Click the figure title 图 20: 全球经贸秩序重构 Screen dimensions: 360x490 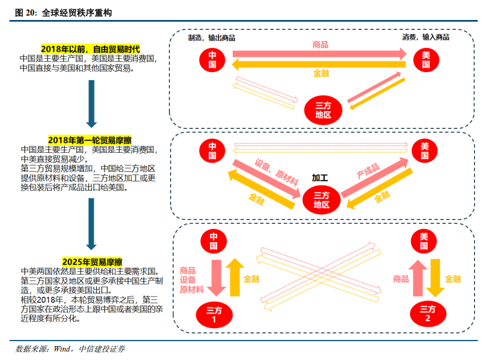[x=63, y=12]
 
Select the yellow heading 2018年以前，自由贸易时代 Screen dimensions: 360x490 [x=90, y=49]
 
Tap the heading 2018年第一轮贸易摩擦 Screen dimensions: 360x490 [x=89, y=141]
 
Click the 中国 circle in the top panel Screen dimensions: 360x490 [x=212, y=59]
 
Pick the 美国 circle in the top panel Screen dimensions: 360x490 [x=426, y=59]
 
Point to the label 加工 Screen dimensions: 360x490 [x=320, y=178]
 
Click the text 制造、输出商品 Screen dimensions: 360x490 [x=212, y=38]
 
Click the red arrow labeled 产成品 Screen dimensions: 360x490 [x=376, y=177]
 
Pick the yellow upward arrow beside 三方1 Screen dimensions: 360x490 [x=235, y=277]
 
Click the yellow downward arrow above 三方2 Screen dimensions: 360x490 [x=436, y=277]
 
